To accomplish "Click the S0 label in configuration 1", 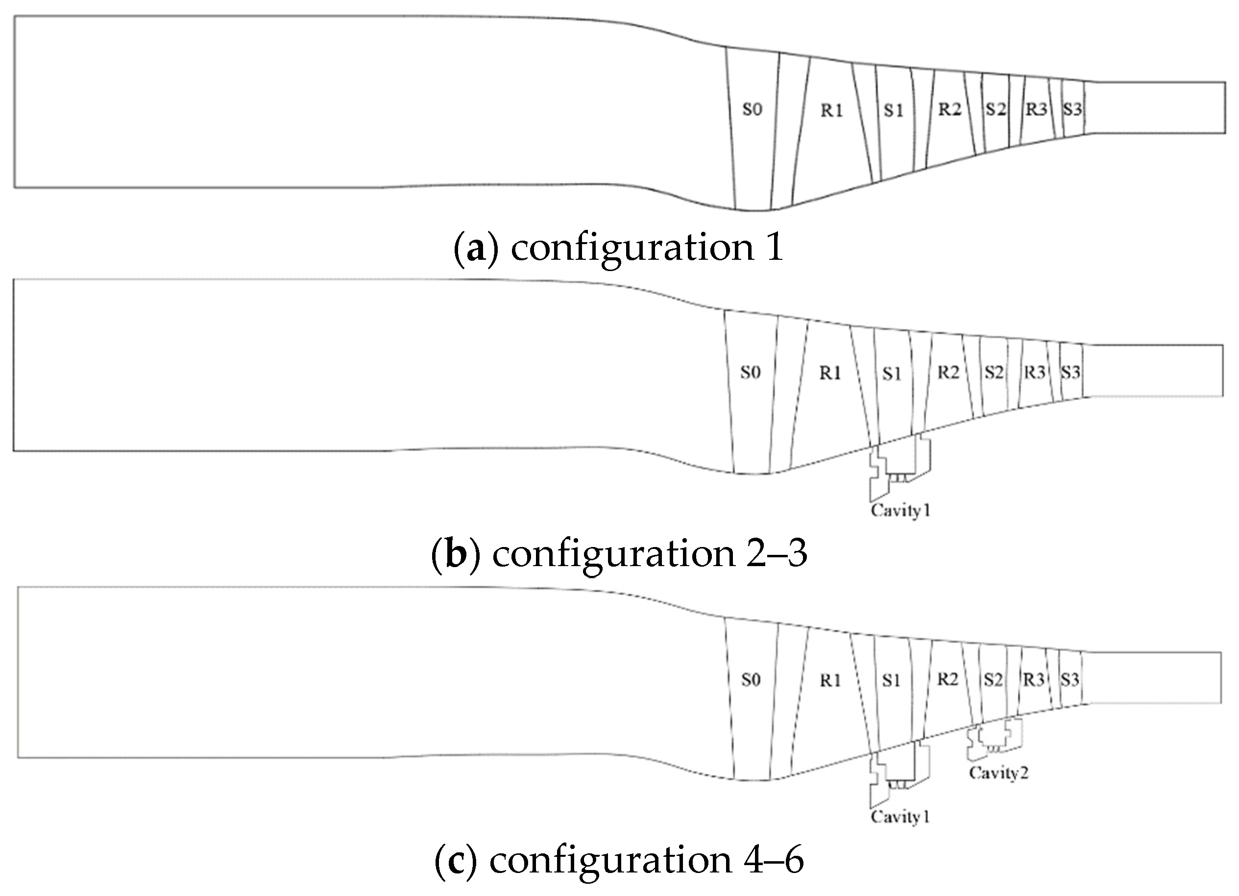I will pos(752,110).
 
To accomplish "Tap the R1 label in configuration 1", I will pos(831,111).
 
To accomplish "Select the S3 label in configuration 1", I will pos(1072,110).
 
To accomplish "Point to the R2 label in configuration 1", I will pos(949,110).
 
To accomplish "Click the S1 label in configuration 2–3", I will pos(892,374).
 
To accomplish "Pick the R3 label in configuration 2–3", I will pos(1034,373).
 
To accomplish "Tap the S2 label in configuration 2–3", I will pos(994,373).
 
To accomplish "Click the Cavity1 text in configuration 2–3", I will pos(900,511).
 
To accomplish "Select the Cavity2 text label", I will pos(998,773).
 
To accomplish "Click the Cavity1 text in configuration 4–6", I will pos(900,817).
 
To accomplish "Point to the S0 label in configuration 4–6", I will pos(751,680).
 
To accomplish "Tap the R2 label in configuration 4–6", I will pos(948,679).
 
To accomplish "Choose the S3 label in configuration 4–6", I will pos(1070,680).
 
